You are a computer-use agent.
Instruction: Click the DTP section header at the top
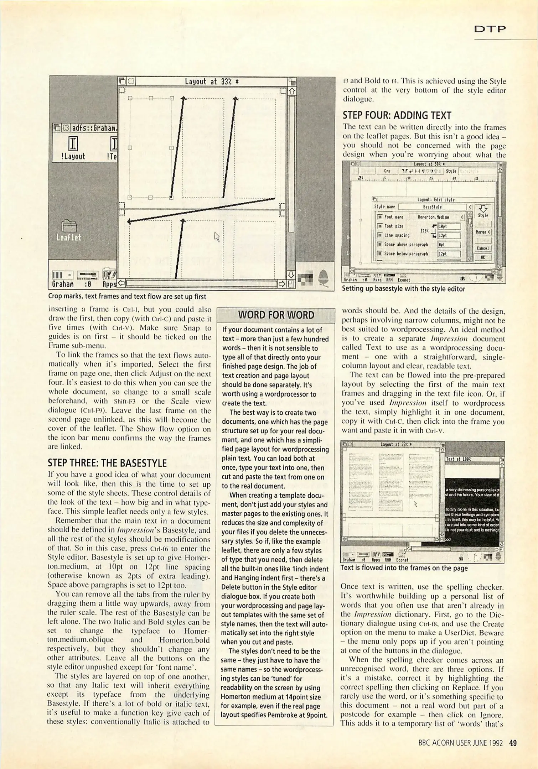[490, 29]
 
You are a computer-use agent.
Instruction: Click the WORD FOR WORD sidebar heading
[276, 315]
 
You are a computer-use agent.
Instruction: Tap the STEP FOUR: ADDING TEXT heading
[397, 115]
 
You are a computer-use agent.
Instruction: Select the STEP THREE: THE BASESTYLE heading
[107, 463]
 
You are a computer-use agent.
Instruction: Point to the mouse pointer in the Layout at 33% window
[217, 236]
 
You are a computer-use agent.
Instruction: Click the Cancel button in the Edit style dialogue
[483, 248]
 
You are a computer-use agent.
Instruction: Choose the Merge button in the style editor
[483, 232]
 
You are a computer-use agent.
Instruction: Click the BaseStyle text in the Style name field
[432, 207]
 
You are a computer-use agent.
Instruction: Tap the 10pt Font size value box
[449, 226]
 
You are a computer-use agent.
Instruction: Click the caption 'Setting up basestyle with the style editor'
[403, 289]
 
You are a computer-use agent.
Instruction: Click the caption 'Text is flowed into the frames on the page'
[404, 568]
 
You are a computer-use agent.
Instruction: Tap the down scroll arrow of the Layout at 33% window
[291, 274]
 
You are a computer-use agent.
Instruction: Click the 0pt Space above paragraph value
[449, 245]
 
